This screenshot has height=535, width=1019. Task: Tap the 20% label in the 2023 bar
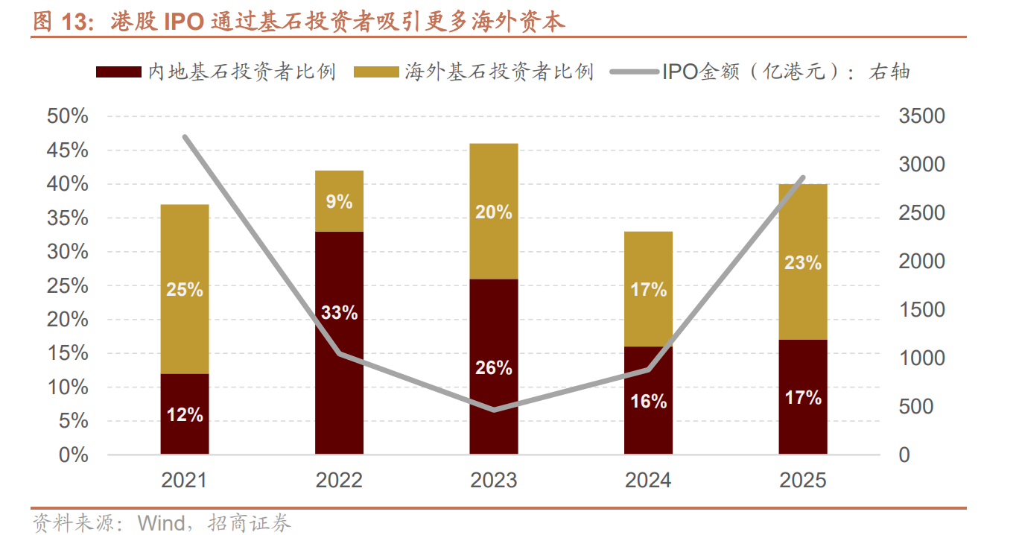494,212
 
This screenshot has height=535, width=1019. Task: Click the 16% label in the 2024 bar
648,402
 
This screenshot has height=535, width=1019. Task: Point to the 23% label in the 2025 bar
803,262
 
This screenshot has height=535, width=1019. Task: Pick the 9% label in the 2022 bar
339,201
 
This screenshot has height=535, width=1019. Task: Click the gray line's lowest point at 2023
494,410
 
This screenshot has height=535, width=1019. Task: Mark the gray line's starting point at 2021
185,137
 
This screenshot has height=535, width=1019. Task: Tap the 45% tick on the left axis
67,151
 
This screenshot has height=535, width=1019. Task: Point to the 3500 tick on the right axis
921,116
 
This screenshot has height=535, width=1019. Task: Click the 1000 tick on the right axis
921,358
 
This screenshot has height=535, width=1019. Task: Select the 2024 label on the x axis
648,481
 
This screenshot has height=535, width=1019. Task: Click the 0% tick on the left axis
73,455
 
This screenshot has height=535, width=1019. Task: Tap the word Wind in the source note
161,523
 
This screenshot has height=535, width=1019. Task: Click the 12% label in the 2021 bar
185,415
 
